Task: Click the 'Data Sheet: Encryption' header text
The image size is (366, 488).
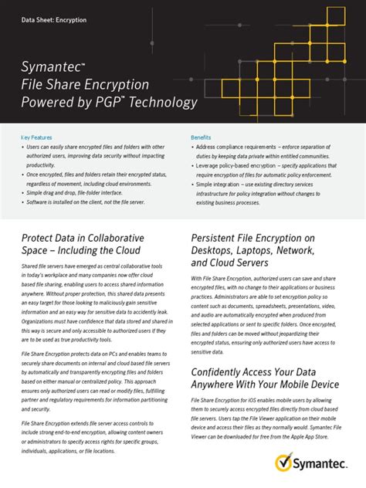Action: (54, 19)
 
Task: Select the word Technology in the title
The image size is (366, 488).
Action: (165, 103)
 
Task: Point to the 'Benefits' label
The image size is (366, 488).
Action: (201, 137)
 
